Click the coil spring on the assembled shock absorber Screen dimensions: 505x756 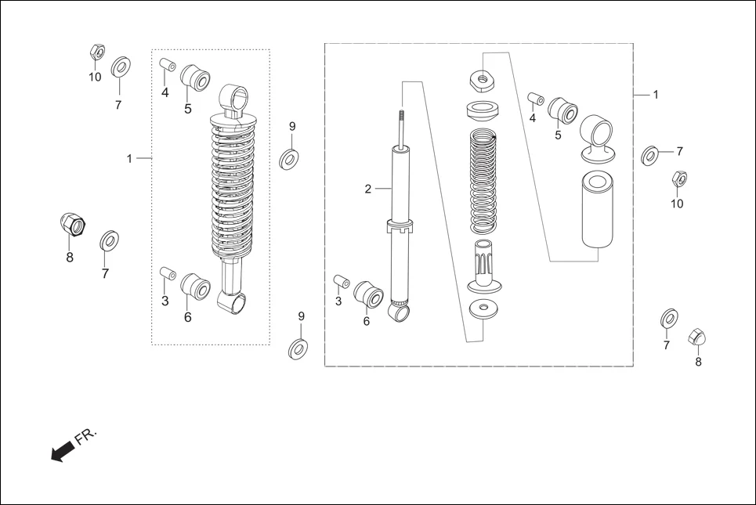[233, 188]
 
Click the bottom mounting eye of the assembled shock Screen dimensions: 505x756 [235, 301]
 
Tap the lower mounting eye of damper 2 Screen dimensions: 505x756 [400, 312]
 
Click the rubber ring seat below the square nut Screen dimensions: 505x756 [484, 109]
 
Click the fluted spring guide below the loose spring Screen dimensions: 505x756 [483, 265]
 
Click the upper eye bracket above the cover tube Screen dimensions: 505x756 [598, 133]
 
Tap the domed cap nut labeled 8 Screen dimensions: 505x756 [696, 337]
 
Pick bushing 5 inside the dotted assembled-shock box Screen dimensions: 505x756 [195, 79]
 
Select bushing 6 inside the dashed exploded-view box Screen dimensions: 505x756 [368, 294]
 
